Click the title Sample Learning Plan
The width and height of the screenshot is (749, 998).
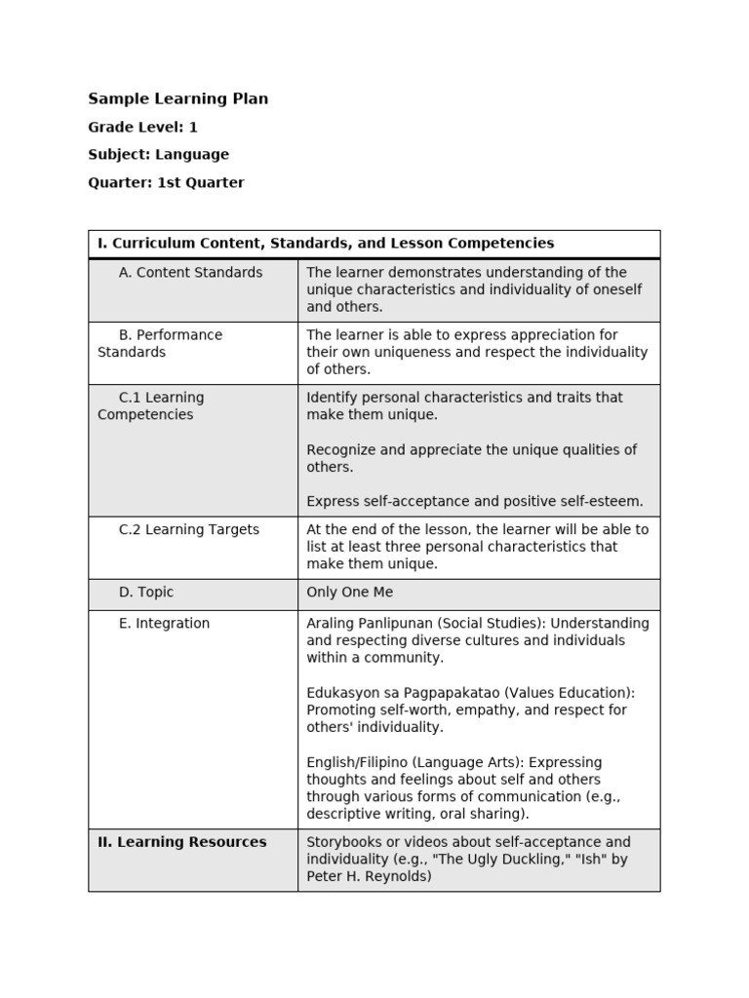tap(177, 98)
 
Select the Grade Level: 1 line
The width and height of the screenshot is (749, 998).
tap(142, 127)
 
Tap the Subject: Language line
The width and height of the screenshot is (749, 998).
tap(158, 154)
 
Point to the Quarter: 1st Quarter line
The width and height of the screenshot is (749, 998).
tap(166, 182)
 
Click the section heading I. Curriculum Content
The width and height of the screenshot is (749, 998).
tap(326, 244)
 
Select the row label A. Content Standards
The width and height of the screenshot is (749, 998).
tap(190, 273)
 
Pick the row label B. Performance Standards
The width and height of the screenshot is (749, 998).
tap(160, 343)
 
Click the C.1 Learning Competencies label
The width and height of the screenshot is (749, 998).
tap(151, 405)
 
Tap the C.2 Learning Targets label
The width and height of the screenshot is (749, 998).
tap(188, 530)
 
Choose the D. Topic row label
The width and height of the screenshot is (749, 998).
tap(146, 593)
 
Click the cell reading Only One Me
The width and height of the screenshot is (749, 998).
tap(349, 593)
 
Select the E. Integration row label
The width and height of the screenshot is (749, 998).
tap(164, 624)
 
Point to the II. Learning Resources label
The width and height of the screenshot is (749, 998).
tap(181, 842)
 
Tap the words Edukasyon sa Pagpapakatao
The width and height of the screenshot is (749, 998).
tap(397, 693)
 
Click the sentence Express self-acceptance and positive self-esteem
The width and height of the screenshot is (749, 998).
tap(475, 502)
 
